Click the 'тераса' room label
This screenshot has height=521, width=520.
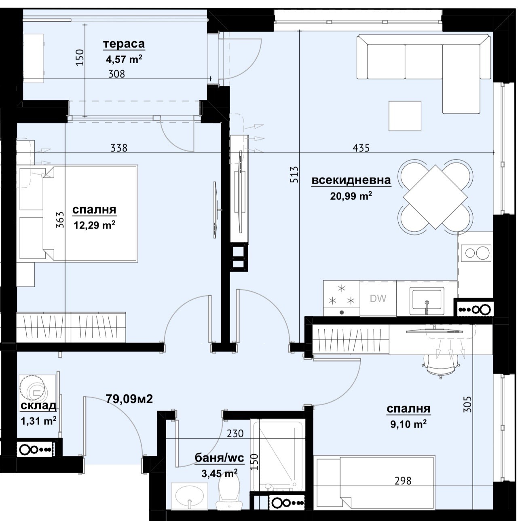[124, 44]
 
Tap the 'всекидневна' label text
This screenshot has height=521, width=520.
[351, 180]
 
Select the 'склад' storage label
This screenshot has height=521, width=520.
[38, 405]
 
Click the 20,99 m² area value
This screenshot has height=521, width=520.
[351, 195]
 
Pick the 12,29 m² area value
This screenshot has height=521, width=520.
[95, 224]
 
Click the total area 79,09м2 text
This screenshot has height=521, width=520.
[129, 399]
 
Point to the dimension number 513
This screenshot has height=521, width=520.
[295, 174]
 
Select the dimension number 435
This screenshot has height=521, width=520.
[361, 148]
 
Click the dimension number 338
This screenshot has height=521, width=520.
[119, 148]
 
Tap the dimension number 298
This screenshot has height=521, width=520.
[403, 481]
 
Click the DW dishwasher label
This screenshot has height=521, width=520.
[378, 299]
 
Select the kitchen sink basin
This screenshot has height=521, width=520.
[427, 301]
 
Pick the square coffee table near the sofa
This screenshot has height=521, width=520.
[405, 116]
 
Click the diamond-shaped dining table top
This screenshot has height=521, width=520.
[435, 197]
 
